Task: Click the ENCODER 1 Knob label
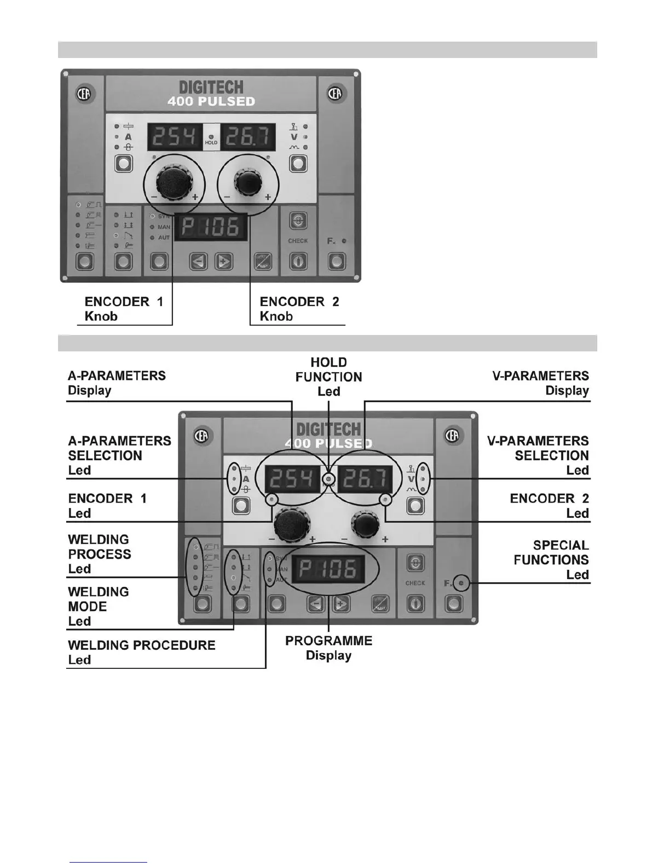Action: (x=124, y=309)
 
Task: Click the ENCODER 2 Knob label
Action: (x=299, y=309)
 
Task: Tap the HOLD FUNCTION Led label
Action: (x=328, y=377)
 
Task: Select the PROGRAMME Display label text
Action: (x=328, y=648)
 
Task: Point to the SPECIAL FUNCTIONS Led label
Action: (x=551, y=560)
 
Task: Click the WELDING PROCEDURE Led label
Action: (x=141, y=652)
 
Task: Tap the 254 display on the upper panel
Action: (x=175, y=137)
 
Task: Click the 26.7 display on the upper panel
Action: (x=247, y=137)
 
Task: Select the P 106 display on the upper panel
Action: (x=210, y=227)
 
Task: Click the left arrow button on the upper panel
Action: (x=198, y=262)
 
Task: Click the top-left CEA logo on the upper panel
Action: (x=86, y=93)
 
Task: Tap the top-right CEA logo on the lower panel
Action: (x=453, y=435)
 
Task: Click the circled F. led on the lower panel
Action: (x=461, y=583)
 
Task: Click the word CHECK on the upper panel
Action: (x=298, y=240)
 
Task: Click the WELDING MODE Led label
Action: (x=99, y=606)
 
